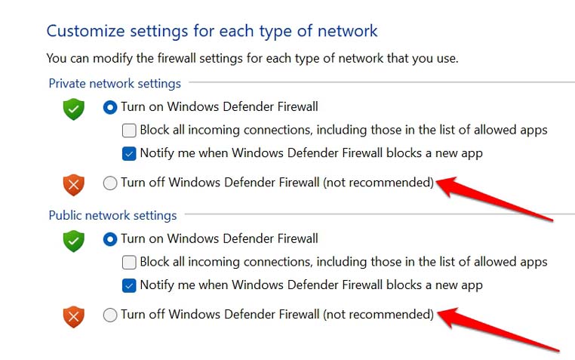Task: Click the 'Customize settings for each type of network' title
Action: (212, 32)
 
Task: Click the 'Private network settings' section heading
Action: (115, 84)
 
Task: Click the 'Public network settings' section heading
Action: (112, 216)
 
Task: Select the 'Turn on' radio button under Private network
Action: (110, 107)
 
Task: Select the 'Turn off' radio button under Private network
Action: (110, 183)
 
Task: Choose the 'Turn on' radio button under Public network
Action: (110, 239)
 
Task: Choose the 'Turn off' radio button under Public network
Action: (110, 315)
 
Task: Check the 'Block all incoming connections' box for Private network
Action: (129, 131)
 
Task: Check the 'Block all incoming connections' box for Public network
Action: (129, 263)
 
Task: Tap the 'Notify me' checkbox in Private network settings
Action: (129, 154)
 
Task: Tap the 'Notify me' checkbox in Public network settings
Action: (129, 285)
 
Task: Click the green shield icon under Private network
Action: (74, 109)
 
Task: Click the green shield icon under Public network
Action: (74, 241)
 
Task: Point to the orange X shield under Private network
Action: (74, 185)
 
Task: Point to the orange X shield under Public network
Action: (74, 317)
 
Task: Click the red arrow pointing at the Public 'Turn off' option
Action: (498, 330)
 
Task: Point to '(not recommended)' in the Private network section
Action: (379, 182)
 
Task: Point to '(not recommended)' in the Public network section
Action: (379, 314)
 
